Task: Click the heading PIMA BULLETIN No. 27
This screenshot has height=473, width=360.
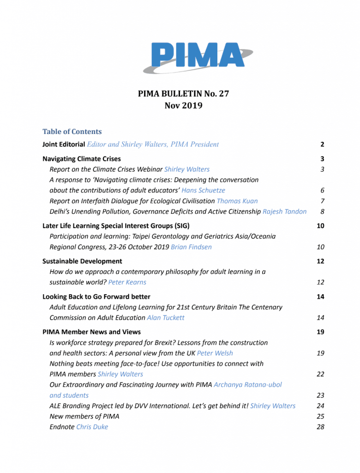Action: (183, 94)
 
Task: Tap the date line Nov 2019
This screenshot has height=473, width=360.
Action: (183, 105)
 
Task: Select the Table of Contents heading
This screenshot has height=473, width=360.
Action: (72, 132)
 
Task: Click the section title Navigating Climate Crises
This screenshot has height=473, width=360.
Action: (82, 158)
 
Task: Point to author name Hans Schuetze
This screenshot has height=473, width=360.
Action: (204, 190)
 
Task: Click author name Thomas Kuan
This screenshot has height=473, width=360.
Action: (237, 201)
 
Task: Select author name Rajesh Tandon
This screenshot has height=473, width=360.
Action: (284, 212)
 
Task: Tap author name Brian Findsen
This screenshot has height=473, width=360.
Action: (191, 247)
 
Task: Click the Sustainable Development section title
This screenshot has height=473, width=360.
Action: (82, 261)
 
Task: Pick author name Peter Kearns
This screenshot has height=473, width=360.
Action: (127, 282)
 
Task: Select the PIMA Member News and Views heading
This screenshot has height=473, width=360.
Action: (91, 332)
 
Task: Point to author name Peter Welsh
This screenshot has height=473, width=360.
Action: (215, 353)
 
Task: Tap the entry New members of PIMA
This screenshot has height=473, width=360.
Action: (84, 416)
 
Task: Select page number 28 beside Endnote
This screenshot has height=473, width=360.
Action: (320, 427)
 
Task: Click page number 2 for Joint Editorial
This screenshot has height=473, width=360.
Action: (322, 145)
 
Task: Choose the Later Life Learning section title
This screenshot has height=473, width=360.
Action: (116, 226)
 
